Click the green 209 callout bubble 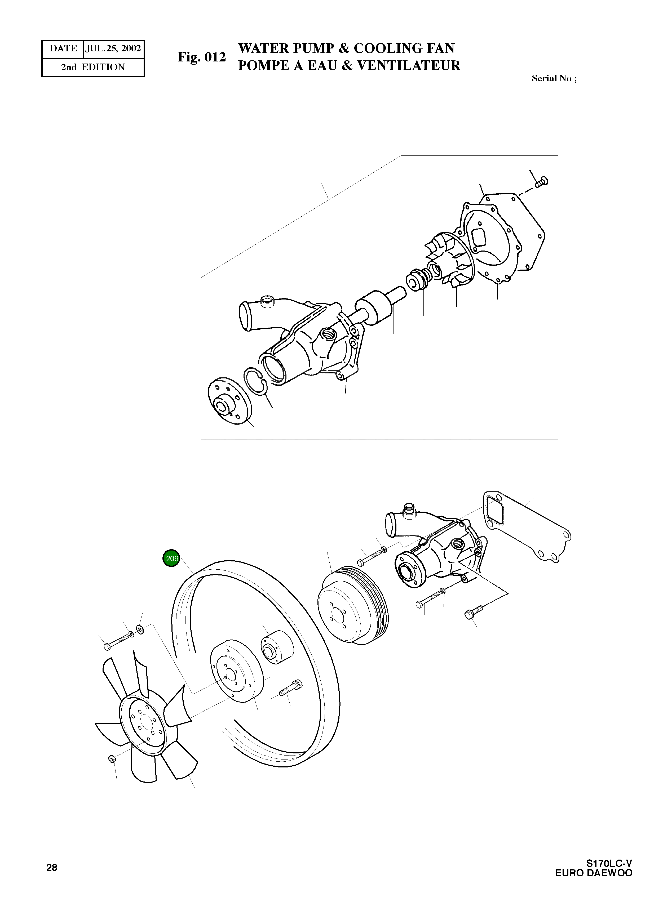pos(172,558)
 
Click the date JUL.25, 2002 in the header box pos(113,48)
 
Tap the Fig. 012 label pos(201,57)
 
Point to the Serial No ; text pos(554,78)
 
